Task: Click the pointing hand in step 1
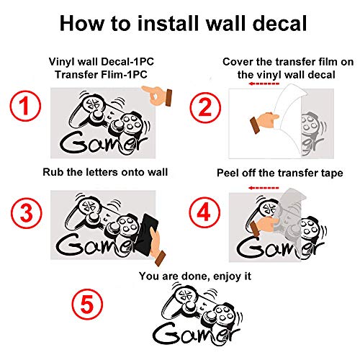(153, 93)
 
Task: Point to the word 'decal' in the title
(276, 24)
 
